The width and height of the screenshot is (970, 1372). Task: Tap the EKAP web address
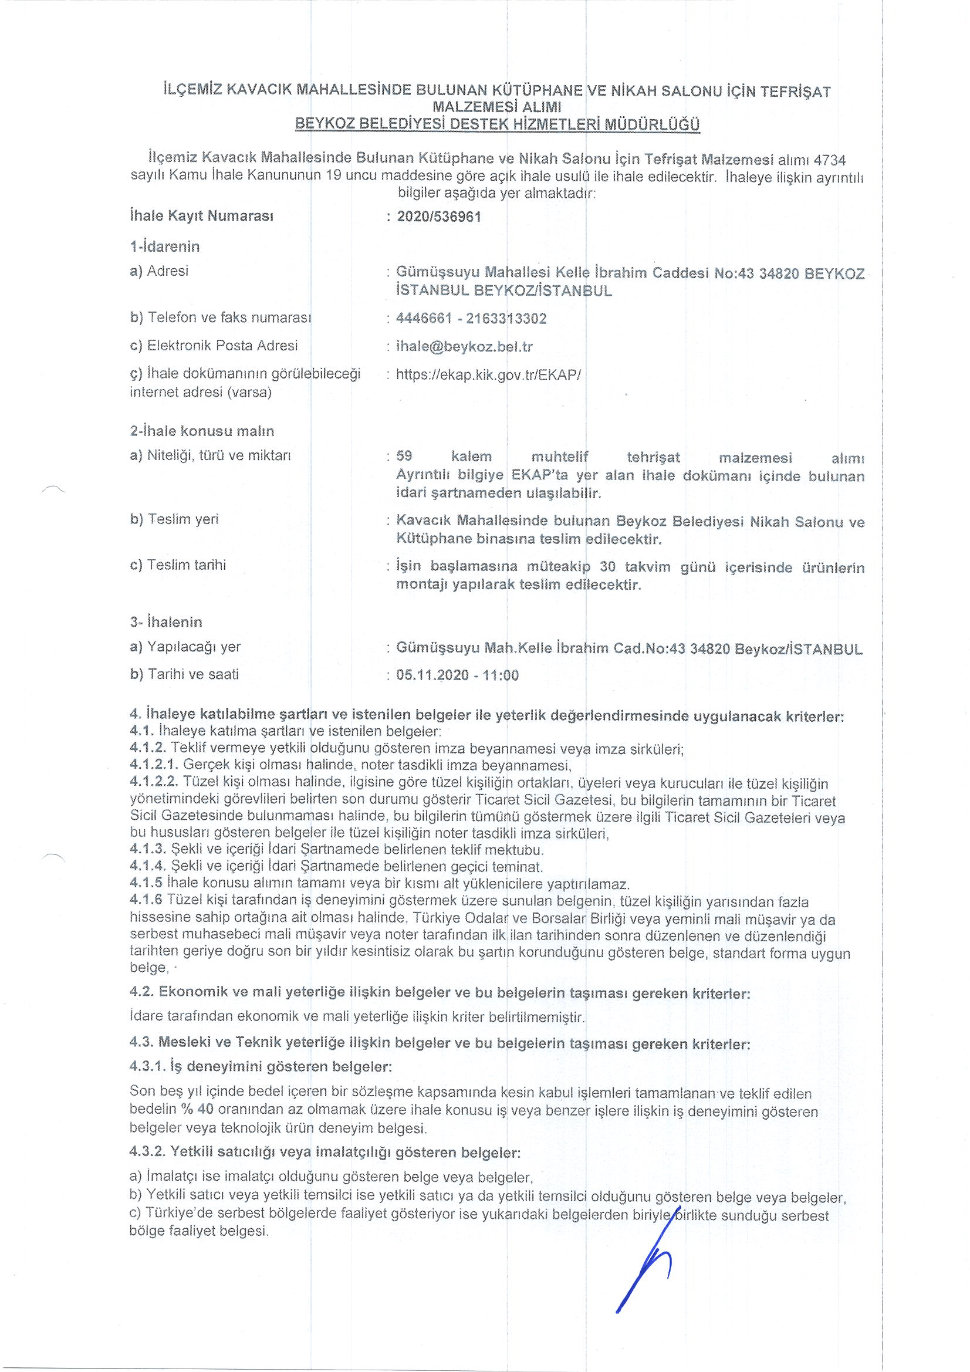point(488,374)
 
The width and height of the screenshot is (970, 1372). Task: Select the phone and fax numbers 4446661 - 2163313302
point(471,319)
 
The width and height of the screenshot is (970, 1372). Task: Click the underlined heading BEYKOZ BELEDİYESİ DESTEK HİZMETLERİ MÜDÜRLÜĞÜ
point(497,125)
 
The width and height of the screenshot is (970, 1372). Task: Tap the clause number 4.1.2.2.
point(154,783)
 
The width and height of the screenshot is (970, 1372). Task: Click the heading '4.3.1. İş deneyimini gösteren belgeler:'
point(261,1066)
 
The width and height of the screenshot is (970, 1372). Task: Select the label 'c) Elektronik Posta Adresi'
point(214,346)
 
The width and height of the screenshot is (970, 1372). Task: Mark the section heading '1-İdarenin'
point(164,247)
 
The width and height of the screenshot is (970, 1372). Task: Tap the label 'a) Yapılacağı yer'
point(185,647)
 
